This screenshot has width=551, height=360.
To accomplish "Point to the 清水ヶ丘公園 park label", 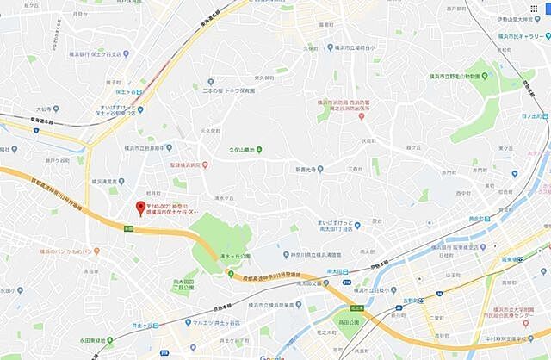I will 233,256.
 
